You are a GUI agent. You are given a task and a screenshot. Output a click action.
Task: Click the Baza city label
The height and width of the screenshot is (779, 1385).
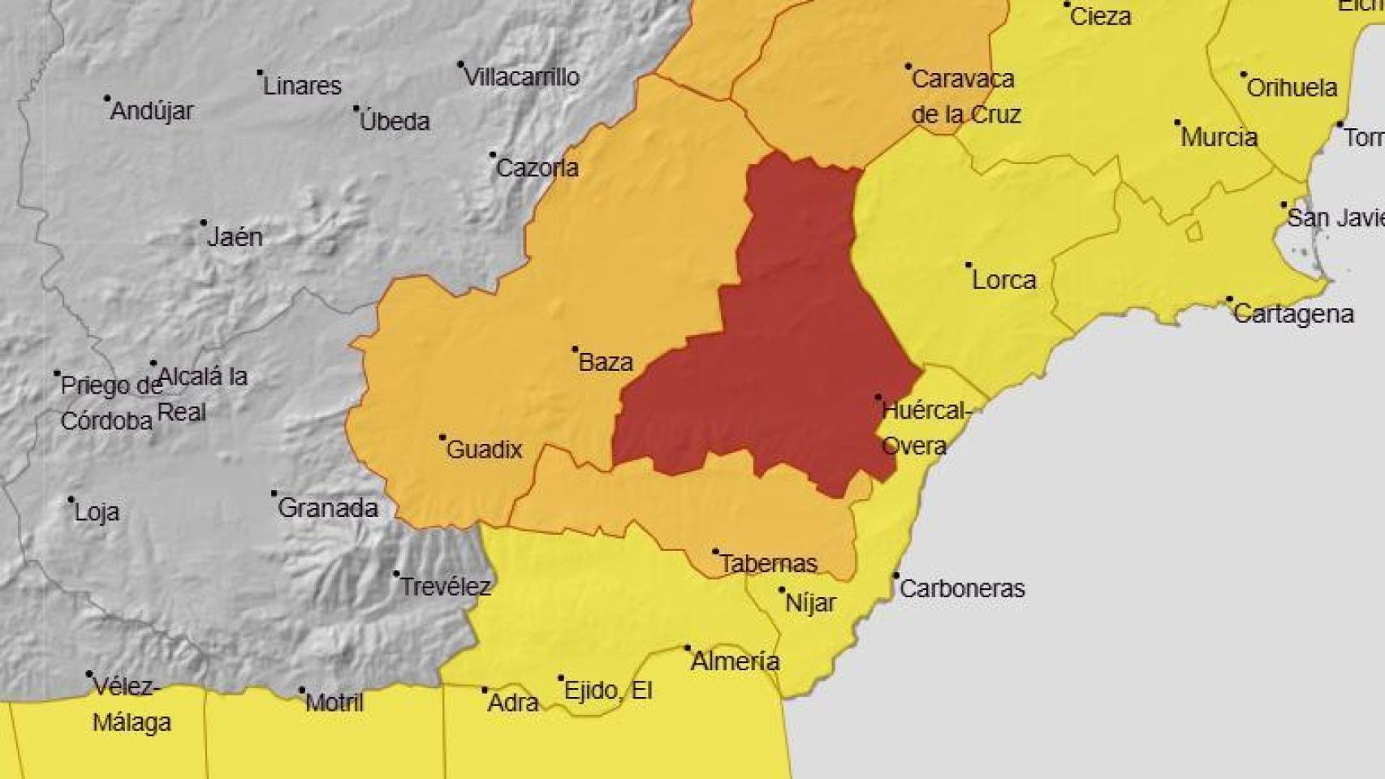pyautogui.click(x=606, y=362)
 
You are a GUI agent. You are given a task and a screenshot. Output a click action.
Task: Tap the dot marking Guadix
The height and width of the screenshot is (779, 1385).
pyautogui.click(x=442, y=437)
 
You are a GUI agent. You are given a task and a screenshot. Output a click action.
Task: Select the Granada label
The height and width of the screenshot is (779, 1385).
pyautogui.click(x=328, y=508)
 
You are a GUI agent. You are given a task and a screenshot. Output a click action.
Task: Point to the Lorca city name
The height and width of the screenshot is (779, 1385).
pyautogui.click(x=1004, y=280)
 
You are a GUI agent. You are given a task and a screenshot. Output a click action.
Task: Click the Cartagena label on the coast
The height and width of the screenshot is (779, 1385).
pyautogui.click(x=1293, y=314)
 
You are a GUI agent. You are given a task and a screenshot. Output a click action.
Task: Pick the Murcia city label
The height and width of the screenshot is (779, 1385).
pyautogui.click(x=1219, y=137)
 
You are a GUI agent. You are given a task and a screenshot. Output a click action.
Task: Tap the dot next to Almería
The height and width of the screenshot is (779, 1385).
pyautogui.click(x=688, y=648)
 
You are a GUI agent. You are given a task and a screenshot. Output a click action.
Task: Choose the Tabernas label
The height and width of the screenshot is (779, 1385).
pyautogui.click(x=769, y=563)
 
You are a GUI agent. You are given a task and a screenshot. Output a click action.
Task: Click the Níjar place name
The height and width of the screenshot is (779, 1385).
pyautogui.click(x=810, y=603)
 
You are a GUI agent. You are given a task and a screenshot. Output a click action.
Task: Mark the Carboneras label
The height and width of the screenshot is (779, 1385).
pyautogui.click(x=962, y=588)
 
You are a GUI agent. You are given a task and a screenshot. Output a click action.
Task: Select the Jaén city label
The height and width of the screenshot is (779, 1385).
pyautogui.click(x=235, y=237)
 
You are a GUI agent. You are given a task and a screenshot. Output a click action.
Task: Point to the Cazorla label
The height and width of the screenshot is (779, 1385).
pyautogui.click(x=537, y=168)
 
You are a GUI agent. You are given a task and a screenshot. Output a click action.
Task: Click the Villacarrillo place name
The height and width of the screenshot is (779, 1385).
pyautogui.click(x=522, y=77)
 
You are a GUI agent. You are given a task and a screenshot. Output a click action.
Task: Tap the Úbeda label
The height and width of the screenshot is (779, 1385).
pyautogui.click(x=395, y=121)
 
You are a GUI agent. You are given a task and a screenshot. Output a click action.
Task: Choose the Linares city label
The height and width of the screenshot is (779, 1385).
pyautogui.click(x=302, y=85)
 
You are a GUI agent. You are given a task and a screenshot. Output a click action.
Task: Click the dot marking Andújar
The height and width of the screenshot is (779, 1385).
pyautogui.click(x=107, y=98)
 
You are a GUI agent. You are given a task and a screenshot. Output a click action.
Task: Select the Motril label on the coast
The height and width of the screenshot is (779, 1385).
pyautogui.click(x=334, y=702)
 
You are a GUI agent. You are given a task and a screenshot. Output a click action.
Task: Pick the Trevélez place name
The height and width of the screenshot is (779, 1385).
pyautogui.click(x=446, y=587)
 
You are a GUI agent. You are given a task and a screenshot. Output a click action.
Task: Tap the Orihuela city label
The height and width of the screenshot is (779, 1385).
pyautogui.click(x=1292, y=88)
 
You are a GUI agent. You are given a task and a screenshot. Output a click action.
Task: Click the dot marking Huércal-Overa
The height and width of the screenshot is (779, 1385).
pyautogui.click(x=878, y=398)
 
